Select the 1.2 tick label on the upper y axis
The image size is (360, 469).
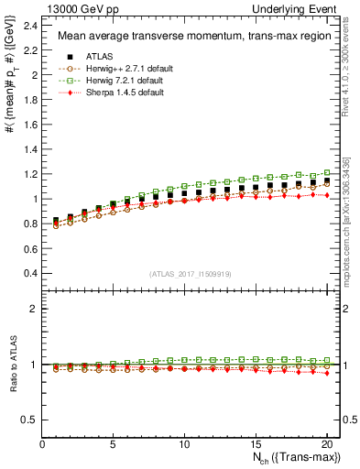tap(29, 174)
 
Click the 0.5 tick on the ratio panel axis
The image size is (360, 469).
tap(29, 420)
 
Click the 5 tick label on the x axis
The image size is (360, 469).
tap(113, 445)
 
